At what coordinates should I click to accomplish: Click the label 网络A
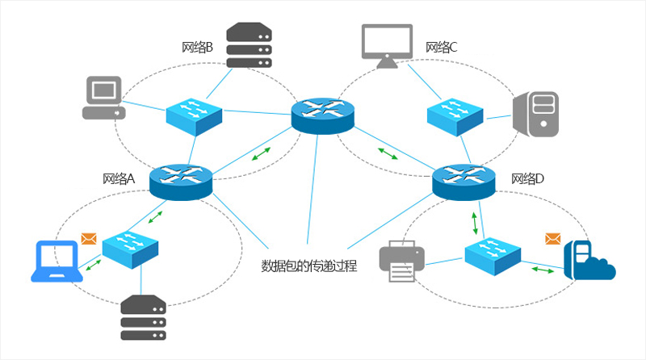pos(119,179)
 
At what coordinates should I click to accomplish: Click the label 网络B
pos(198,48)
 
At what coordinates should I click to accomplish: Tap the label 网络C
pos(442,48)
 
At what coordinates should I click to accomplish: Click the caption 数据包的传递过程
pos(309,265)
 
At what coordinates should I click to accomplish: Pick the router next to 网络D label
pos(463,182)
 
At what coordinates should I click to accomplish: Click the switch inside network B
pos(194,115)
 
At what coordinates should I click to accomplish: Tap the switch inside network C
pos(455,115)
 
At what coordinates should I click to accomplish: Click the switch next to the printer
pos(493,253)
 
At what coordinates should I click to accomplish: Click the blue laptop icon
pos(57,261)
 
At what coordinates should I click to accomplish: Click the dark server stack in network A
pos(143,317)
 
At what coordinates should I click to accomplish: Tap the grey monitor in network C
pos(387,45)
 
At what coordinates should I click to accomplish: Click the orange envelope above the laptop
pos(89,239)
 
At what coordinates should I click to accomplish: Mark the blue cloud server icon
pos(588,260)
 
